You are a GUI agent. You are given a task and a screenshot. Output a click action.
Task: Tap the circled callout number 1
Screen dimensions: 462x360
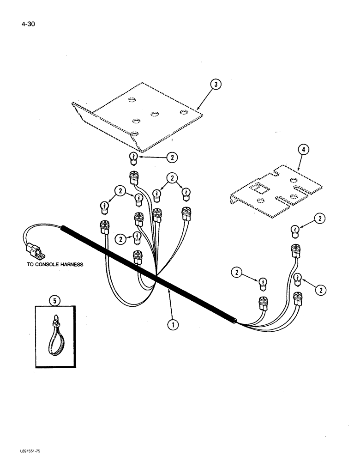click(173, 325)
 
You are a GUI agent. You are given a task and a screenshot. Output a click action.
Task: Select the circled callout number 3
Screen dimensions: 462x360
click(216, 85)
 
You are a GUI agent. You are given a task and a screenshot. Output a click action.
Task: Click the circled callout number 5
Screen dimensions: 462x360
click(55, 301)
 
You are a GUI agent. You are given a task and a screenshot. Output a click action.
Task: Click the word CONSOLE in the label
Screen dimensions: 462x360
click(51, 265)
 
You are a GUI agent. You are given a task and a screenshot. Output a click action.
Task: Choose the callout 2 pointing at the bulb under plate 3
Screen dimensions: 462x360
click(172, 158)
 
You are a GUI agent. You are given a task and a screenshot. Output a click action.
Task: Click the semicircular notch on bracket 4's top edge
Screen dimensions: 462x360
click(276, 173)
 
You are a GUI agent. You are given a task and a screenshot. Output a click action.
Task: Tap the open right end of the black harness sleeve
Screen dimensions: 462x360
click(235, 320)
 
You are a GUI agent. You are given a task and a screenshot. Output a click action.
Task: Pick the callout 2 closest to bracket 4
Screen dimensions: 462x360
click(319, 219)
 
